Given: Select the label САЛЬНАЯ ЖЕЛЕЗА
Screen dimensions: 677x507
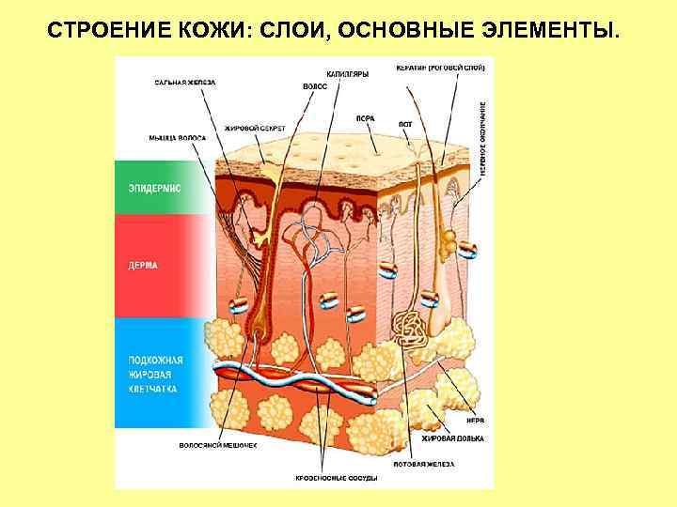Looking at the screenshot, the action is (185, 83).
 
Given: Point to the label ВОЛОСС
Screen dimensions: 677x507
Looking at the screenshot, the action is (314, 86).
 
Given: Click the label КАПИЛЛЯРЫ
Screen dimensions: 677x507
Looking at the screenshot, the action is (347, 73).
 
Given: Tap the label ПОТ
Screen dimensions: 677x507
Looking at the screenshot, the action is (405, 124).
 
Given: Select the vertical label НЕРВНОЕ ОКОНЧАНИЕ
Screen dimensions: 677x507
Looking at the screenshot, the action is (483, 139).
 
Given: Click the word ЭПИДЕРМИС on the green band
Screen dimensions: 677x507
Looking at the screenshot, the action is (155, 188).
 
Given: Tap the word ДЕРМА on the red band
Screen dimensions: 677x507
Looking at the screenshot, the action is (143, 266).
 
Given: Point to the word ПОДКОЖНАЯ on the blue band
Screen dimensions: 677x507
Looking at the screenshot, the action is (156, 360).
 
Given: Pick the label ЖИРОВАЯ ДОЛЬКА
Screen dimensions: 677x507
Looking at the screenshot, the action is (450, 438).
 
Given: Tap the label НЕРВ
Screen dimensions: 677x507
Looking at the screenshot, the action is (477, 421).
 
